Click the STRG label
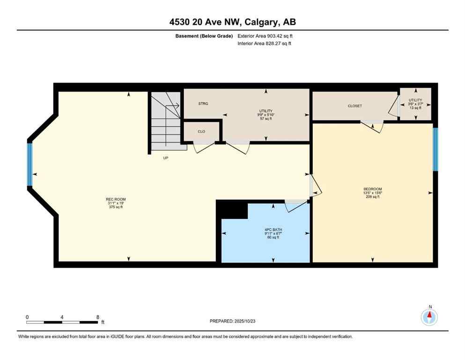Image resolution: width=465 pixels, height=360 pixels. (203, 104)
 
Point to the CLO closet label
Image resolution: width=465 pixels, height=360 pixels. (201, 132)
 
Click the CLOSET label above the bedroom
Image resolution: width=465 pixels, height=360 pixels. (354, 106)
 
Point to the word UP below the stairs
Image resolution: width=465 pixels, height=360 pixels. (165, 158)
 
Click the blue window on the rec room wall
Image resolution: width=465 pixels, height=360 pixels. (30, 165)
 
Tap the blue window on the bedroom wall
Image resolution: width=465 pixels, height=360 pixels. (435, 149)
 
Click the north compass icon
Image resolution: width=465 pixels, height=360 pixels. (429, 317)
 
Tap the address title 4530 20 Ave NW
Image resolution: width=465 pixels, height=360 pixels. (232, 22)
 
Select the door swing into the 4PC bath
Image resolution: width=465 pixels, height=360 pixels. (295, 205)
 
